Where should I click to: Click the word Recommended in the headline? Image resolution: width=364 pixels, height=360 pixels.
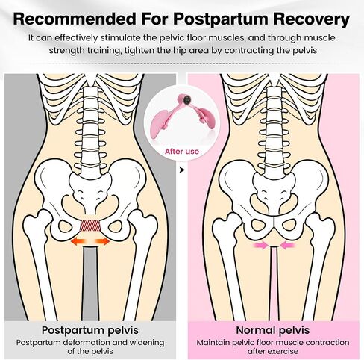75,19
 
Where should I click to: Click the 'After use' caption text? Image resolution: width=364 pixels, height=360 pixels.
182,152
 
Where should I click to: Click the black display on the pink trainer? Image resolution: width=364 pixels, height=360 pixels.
186,100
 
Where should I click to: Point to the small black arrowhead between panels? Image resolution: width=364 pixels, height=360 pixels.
182,170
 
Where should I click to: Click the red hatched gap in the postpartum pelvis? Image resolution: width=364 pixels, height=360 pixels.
90,225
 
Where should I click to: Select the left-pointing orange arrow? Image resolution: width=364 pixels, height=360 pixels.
78,241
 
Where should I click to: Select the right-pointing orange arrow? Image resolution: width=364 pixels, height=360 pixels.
103,241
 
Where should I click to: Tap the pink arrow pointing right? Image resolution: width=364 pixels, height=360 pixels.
260,246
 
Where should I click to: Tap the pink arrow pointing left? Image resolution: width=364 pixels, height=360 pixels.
288,246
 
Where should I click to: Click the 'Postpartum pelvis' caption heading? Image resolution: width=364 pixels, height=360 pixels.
90,330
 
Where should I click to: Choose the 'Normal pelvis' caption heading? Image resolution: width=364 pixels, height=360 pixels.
273,330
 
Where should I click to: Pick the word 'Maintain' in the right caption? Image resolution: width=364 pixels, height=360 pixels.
213,343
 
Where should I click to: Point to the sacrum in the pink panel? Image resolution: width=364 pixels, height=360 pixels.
274,193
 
